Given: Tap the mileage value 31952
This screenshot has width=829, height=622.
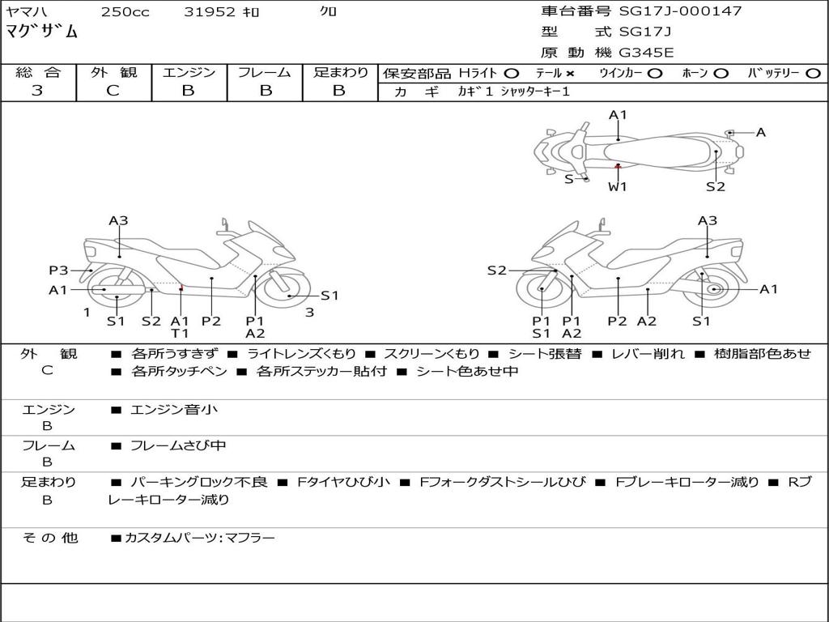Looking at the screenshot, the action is [x=210, y=12].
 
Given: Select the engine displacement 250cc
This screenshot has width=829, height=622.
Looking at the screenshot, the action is [x=125, y=12].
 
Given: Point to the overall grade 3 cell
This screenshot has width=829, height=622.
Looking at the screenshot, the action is [x=37, y=91].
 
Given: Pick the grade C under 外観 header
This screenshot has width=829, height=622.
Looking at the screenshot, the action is [x=113, y=91].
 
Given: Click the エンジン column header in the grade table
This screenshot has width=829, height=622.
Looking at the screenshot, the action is [x=189, y=73].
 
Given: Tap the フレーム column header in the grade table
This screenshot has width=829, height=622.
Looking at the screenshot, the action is [x=265, y=73].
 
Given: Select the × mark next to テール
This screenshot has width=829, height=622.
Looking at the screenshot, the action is [x=570, y=74].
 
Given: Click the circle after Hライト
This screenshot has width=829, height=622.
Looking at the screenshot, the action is [x=511, y=74].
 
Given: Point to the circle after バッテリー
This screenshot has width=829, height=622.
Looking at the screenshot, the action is [x=814, y=74].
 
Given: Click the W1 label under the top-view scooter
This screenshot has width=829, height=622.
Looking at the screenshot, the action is [x=618, y=186].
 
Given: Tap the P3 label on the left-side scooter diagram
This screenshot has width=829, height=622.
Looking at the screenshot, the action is [x=58, y=271].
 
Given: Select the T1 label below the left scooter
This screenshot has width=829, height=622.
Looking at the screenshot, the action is [x=180, y=333].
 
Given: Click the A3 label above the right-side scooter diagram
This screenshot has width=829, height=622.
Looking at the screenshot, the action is [x=708, y=220].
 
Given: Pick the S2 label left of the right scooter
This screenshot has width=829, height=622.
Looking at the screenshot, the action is [x=496, y=271].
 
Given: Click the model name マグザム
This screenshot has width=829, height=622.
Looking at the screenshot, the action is [x=42, y=32].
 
